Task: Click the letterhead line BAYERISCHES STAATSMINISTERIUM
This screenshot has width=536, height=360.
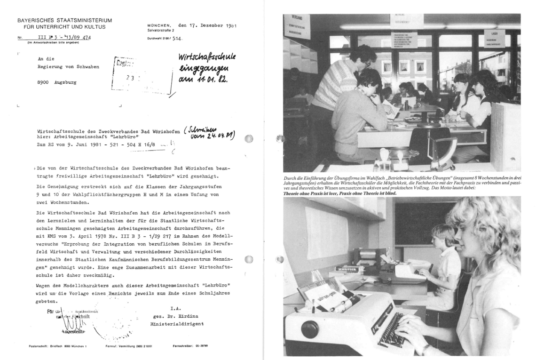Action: [x=64, y=21]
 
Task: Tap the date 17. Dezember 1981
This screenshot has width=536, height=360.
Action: [x=207, y=24]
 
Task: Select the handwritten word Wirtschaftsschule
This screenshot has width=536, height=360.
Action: [x=207, y=59]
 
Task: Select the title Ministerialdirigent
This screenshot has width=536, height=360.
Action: [x=177, y=325]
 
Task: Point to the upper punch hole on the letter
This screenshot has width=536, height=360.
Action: [x=249, y=139]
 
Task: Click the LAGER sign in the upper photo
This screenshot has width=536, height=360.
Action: [x=494, y=34]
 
